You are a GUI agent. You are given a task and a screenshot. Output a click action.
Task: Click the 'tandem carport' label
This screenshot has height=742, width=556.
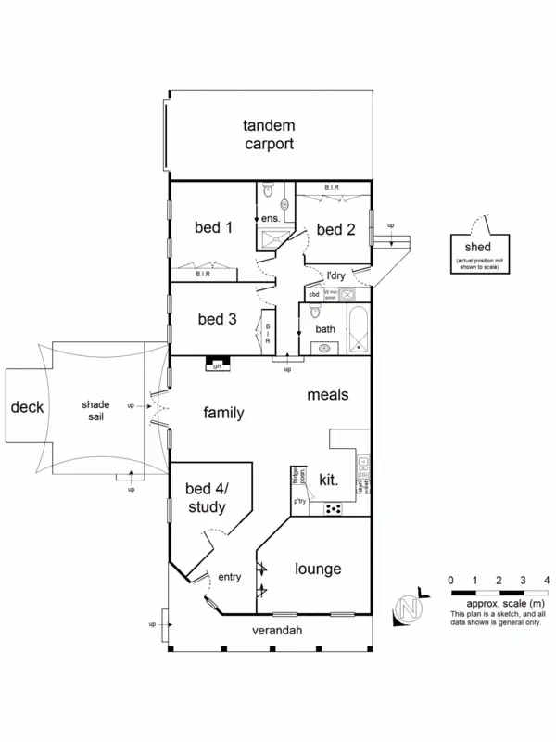coord(269,134)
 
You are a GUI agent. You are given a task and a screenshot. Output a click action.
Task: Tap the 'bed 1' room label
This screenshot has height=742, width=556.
coord(213,227)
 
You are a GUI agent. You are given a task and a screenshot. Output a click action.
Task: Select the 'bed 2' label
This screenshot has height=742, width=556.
coord(335,230)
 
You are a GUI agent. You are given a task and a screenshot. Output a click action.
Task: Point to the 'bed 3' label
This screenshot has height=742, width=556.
coord(218,319)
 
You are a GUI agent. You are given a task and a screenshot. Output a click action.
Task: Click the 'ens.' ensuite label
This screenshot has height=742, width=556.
coord(271,218)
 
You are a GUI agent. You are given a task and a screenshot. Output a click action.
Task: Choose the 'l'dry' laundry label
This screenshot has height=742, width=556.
coord(336,275)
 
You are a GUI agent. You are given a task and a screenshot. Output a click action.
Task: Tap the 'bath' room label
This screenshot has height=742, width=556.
coord(325,328)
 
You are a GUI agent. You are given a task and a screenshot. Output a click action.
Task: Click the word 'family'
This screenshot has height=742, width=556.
coord(224,413)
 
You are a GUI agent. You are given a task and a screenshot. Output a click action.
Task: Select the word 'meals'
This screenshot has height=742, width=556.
coord(328,395)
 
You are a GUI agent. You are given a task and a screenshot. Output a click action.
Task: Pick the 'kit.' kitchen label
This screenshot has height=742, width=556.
coord(328,480)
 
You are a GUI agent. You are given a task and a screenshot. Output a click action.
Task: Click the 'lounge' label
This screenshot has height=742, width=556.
coord(318,569)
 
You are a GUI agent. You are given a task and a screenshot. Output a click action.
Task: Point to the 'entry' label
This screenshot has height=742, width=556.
coord(230,577)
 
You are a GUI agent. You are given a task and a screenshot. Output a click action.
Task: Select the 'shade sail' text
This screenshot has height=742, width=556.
coord(96,411)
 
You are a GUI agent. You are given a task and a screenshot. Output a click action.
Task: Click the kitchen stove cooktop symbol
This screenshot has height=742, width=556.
coord(332,508)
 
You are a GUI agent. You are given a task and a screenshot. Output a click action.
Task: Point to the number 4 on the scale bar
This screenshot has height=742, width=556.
coord(549,578)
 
